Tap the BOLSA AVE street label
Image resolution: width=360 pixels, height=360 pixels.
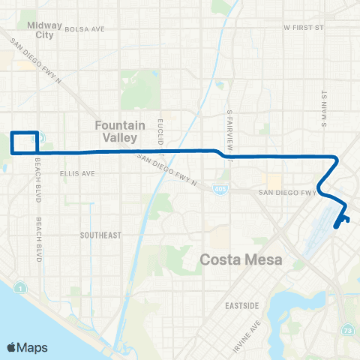pyautogui.click(x=84, y=29)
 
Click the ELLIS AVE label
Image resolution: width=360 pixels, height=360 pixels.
pyautogui.click(x=77, y=173)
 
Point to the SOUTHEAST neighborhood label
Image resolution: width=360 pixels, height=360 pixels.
pyautogui.click(x=100, y=235)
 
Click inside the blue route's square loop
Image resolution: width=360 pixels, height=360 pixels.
pyautogui.click(x=24, y=142)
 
